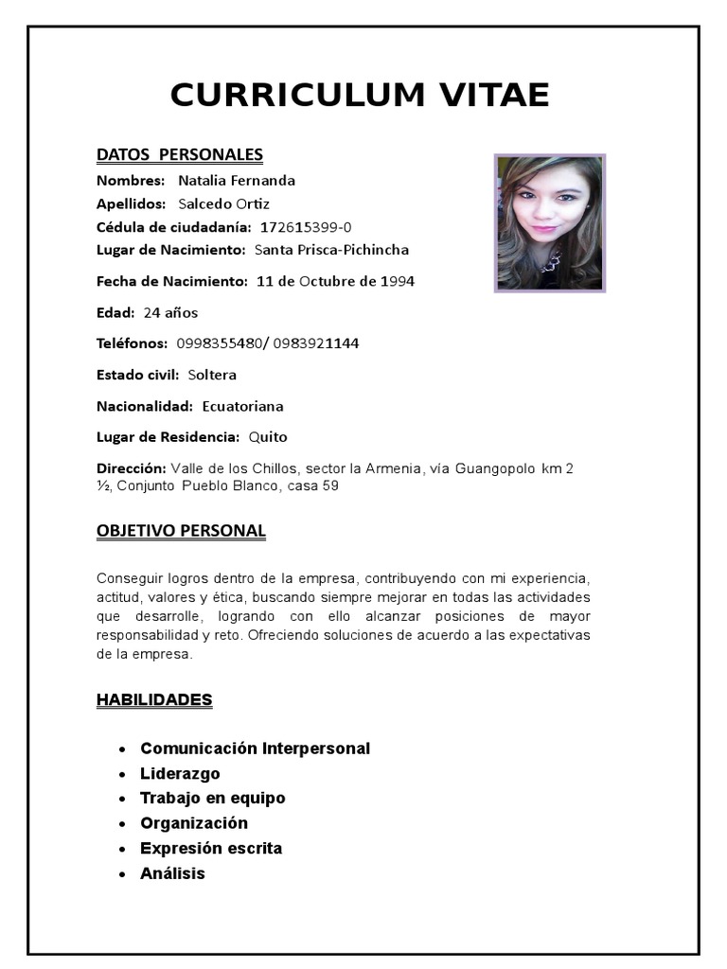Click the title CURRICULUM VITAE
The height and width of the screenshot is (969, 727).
tap(360, 96)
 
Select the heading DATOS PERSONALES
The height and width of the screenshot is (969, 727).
tap(179, 155)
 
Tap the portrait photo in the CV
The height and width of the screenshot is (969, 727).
tap(550, 222)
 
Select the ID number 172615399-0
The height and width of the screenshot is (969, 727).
tap(306, 227)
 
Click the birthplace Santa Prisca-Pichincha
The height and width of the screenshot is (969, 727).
tap(331, 250)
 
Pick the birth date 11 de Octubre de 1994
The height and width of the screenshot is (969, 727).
tap(335, 282)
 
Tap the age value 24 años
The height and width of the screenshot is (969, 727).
tap(170, 313)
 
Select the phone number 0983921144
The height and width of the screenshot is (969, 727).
tap(316, 344)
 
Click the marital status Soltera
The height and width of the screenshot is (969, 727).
tap(212, 375)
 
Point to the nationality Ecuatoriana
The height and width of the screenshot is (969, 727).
tap(242, 407)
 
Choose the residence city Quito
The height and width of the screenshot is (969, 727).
tap(268, 437)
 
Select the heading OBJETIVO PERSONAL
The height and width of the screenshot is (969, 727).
tap(181, 531)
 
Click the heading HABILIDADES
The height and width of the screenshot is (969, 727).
tap(154, 700)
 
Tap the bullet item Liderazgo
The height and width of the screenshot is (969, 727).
tap(180, 773)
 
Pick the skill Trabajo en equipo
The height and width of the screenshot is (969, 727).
tap(212, 798)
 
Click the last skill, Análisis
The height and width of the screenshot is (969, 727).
tap(172, 873)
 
